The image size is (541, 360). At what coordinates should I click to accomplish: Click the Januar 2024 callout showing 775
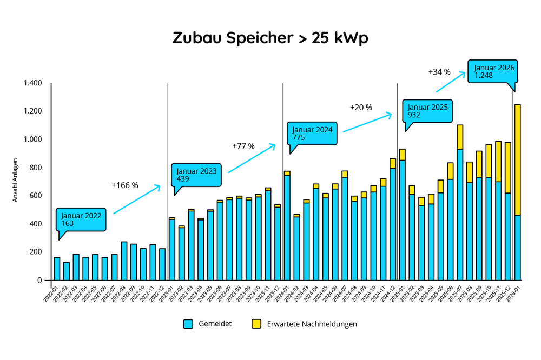[313, 134]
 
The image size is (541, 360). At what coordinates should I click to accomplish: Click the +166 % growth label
[125, 185]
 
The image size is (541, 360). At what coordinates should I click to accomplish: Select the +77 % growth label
[243, 146]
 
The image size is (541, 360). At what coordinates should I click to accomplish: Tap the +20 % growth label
[361, 107]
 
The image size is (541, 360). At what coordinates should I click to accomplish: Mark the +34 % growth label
[439, 71]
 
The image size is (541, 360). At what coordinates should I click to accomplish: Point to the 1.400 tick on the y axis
[32, 83]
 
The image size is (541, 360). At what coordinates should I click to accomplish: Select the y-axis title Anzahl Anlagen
[16, 182]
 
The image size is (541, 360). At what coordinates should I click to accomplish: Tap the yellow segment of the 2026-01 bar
[517, 159]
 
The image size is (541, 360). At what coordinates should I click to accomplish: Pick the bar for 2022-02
[67, 271]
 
